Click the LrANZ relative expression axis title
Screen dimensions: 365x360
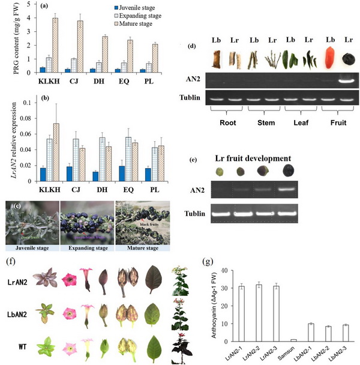[7, 142]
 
